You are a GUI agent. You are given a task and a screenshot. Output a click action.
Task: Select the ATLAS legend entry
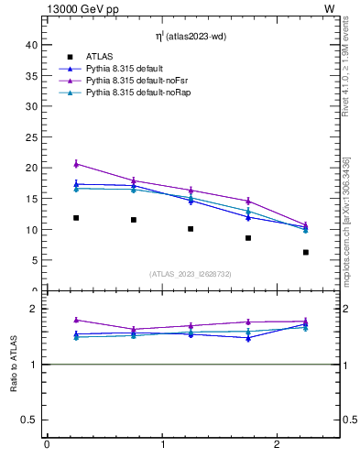pos(98,57)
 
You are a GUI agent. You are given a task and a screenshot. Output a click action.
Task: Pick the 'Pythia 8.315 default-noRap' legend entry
pos(132,93)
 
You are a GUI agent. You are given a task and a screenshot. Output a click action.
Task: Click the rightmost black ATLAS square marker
pos(306,252)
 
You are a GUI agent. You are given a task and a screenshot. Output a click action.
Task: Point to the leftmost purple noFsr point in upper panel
pos(76,164)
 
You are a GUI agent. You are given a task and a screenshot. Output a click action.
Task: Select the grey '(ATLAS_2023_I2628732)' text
pos(191,274)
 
